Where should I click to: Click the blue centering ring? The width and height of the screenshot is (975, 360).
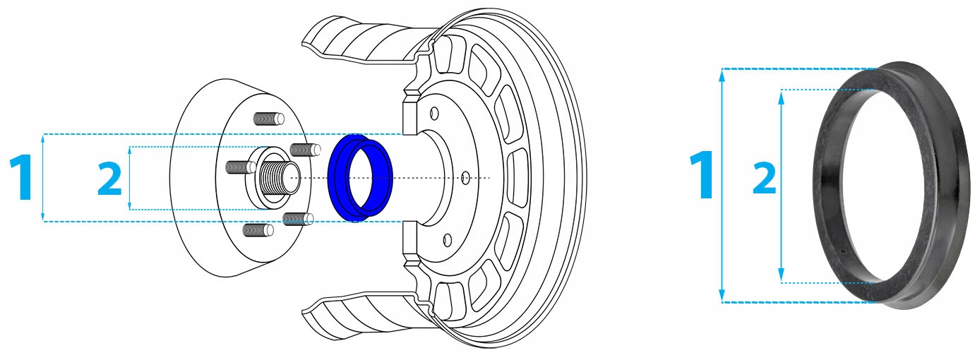(x=337, y=179)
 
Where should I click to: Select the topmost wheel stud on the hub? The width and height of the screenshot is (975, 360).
(x=268, y=119)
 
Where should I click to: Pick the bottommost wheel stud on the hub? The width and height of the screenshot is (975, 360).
(x=258, y=230)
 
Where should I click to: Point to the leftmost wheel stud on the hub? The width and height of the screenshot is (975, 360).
(x=241, y=167)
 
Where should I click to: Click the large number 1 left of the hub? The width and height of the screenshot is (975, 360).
(x=21, y=177)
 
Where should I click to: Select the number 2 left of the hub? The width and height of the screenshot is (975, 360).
(x=109, y=179)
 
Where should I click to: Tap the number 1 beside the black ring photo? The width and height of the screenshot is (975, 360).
(x=702, y=175)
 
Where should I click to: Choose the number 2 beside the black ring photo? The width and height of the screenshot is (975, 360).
(x=765, y=178)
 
